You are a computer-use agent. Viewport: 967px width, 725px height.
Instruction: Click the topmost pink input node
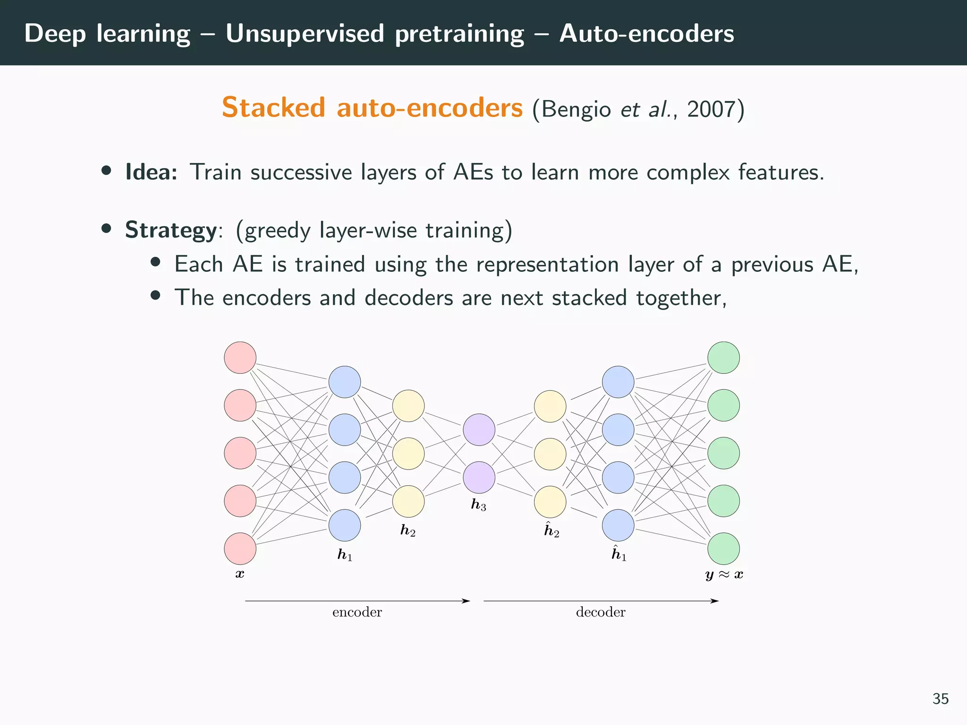240,357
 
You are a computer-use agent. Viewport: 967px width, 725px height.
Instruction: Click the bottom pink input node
240,548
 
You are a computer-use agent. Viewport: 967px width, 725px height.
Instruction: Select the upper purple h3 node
479,430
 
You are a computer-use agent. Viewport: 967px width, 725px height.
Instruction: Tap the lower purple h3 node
479,477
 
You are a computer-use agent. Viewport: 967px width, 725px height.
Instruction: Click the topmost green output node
723,357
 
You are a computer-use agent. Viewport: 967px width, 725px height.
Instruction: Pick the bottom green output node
723,548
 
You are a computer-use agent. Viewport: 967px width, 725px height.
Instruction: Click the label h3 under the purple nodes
478,505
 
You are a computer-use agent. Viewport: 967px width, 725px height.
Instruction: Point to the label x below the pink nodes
240,574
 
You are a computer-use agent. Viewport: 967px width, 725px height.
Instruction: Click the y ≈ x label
724,574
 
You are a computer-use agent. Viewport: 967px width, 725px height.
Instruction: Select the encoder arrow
357,601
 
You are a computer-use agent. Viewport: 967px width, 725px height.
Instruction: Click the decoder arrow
601,601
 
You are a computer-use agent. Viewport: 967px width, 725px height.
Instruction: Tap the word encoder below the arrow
357,612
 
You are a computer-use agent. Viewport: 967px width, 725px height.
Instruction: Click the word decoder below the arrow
601,612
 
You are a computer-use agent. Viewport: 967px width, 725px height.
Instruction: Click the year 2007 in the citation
711,109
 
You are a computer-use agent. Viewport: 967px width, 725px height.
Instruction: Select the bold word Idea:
151,172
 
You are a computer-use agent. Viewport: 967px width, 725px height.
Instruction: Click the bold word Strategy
170,230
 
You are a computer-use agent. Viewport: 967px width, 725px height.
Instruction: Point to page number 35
940,699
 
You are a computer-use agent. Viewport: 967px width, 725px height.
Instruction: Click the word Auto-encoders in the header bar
646,34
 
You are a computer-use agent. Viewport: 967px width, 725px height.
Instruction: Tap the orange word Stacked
273,108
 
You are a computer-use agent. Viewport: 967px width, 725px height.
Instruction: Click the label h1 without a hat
345,555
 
